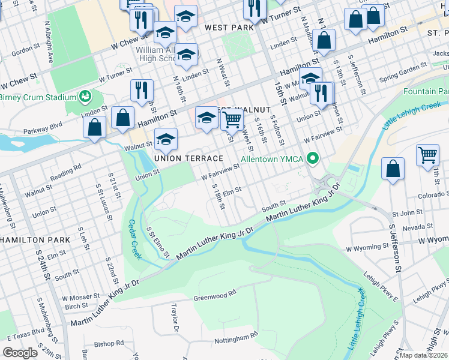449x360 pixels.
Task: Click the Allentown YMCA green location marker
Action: (x=312, y=159)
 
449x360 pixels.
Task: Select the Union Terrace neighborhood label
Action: (x=189, y=158)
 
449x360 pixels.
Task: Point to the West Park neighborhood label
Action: (x=229, y=28)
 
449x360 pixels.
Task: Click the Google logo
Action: (x=20, y=353)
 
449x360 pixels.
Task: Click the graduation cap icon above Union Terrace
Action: (x=165, y=140)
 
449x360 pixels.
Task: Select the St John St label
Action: (x=408, y=213)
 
